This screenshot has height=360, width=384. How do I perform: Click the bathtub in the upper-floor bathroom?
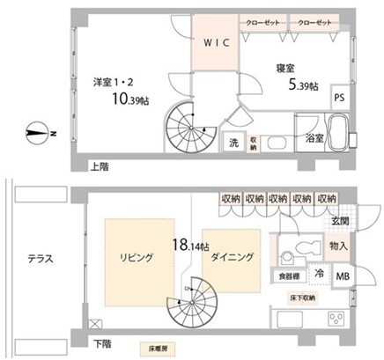339,132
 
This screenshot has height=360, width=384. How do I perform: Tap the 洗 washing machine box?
234,143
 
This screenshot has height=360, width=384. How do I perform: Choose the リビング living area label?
137,257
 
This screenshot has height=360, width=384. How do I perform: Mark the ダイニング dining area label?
234,257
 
